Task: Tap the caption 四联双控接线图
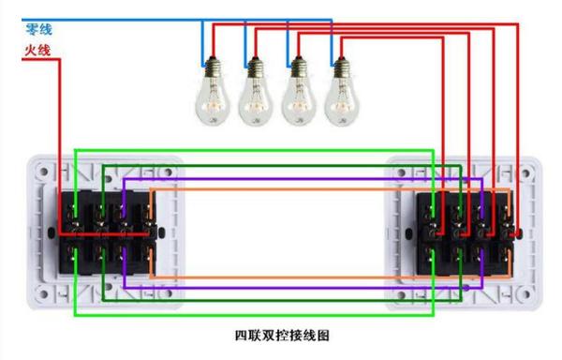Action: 282,335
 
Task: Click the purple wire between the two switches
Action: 281,177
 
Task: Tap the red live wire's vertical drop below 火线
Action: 61,141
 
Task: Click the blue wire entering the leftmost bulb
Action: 203,42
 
